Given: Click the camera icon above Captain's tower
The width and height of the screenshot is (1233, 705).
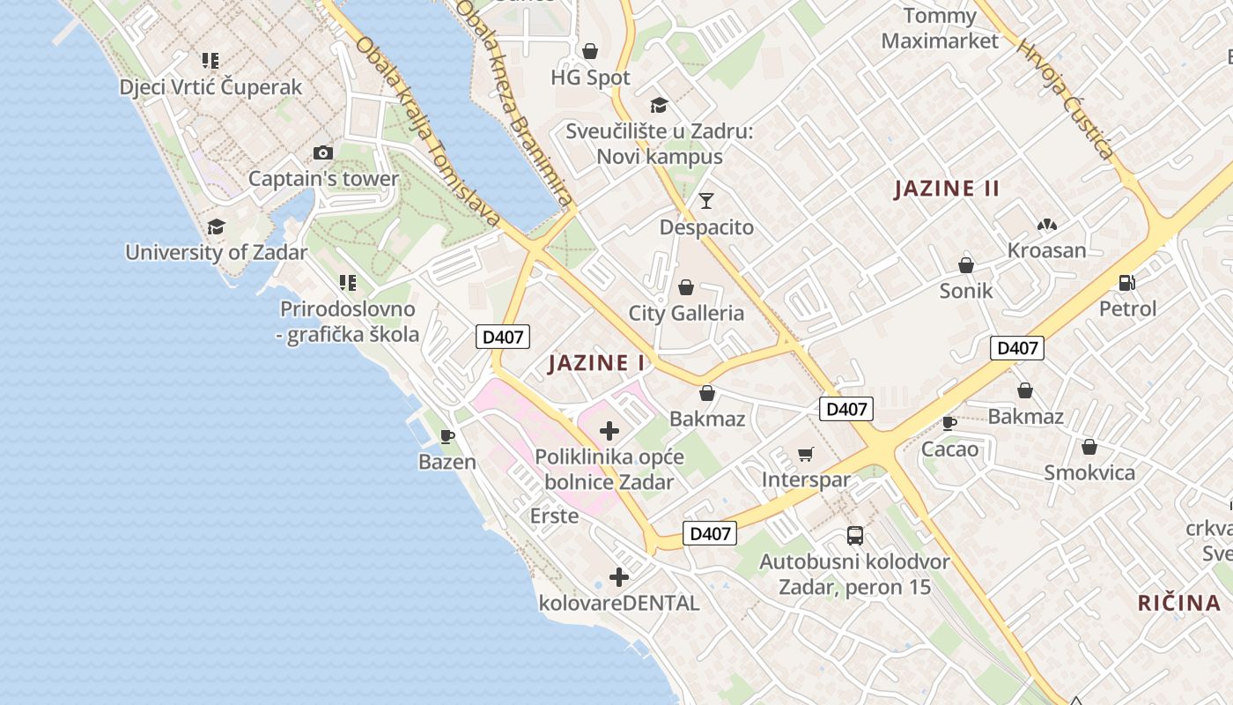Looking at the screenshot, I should tap(323, 152).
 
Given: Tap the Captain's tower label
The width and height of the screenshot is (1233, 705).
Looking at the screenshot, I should tap(323, 179).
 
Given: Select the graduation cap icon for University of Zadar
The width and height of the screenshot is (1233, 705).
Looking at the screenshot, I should tap(216, 226).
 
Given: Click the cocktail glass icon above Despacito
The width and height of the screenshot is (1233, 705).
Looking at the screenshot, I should tap(706, 201).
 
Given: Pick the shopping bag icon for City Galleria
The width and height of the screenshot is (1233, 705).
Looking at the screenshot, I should tap(686, 287).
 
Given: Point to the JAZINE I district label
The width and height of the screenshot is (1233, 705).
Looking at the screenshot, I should tap(596, 363).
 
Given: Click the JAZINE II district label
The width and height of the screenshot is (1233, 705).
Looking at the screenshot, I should tap(947, 189).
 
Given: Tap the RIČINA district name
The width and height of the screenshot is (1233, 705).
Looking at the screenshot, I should tap(1179, 603).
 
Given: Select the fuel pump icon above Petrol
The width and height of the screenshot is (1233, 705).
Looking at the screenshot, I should tap(1126, 283).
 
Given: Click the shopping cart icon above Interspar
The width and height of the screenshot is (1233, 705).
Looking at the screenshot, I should tap(805, 454).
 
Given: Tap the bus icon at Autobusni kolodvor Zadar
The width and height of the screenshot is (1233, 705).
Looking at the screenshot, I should tap(854, 535).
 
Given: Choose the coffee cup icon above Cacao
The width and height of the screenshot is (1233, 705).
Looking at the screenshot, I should tap(949, 423).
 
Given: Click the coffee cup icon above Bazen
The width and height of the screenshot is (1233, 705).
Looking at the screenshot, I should tap(447, 435).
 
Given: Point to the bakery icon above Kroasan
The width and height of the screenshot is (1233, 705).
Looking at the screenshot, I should tap(1046, 225).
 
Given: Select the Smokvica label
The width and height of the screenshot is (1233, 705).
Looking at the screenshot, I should tap(1089, 472).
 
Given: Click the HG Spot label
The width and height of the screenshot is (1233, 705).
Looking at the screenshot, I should tap(590, 78).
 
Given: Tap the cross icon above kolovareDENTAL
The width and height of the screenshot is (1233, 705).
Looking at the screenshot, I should tap(619, 577).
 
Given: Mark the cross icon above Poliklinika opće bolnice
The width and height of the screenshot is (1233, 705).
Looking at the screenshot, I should tap(609, 431).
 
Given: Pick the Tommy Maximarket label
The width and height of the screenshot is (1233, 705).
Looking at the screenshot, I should tap(940, 28).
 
